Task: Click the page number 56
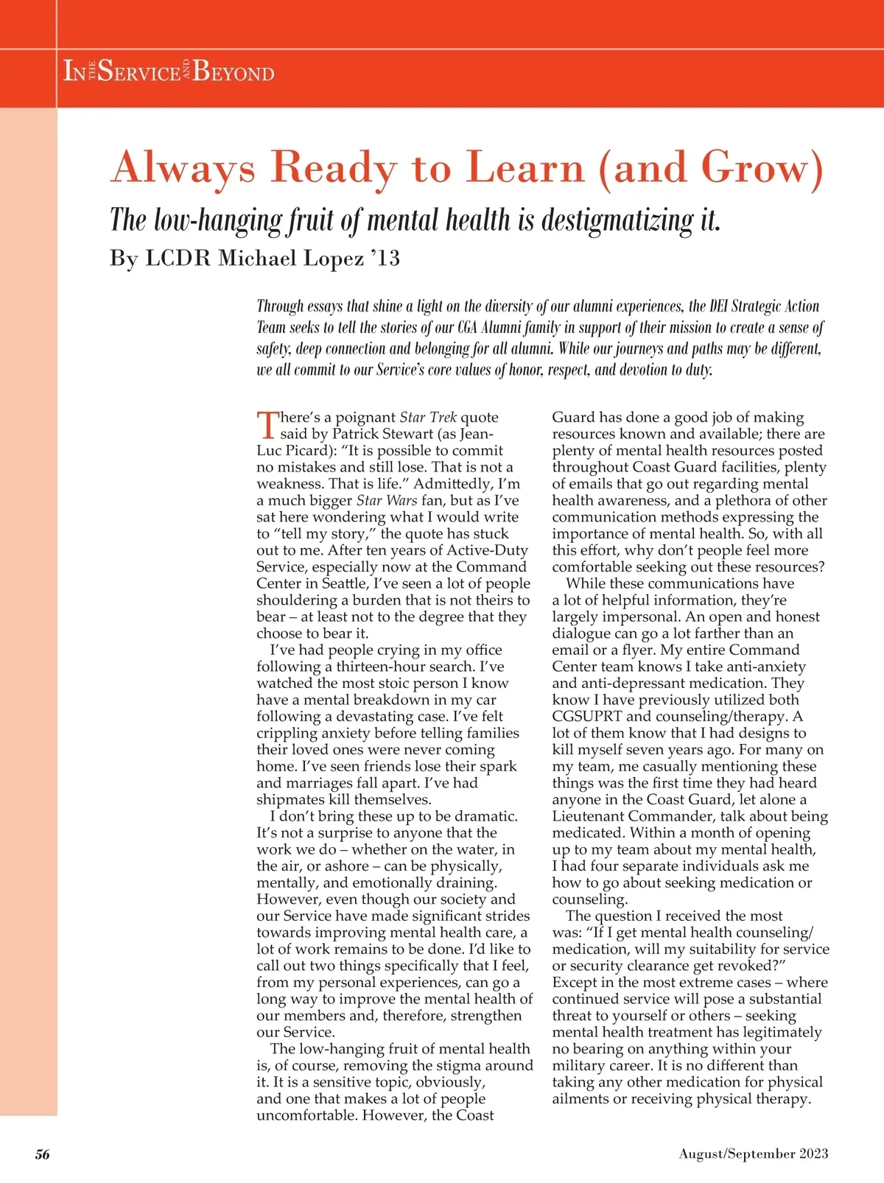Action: (x=43, y=1154)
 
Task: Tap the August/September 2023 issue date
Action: (x=753, y=1154)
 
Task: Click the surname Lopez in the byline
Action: (x=331, y=259)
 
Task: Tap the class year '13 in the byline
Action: (x=385, y=259)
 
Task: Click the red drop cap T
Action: (x=267, y=424)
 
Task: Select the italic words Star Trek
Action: (x=428, y=418)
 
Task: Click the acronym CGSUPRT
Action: (x=586, y=717)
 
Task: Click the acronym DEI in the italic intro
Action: (x=718, y=306)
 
